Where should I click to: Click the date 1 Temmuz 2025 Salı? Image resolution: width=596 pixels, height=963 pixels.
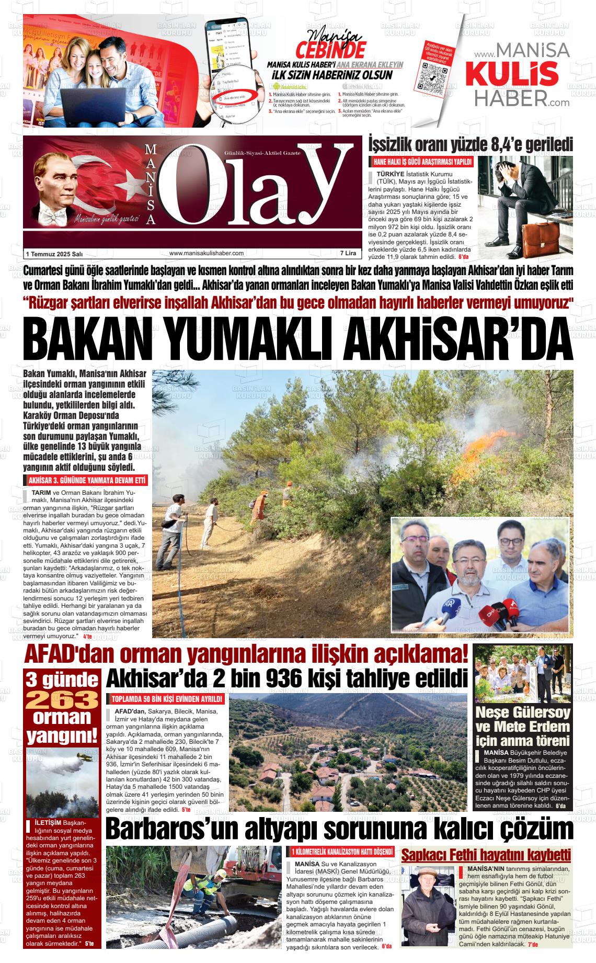[x=54, y=254]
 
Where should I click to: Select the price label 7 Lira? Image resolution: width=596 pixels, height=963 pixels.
[x=348, y=253]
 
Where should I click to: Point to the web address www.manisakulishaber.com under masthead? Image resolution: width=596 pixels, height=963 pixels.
[x=207, y=253]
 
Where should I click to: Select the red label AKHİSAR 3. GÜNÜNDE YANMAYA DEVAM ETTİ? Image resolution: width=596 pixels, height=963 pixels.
[x=86, y=481]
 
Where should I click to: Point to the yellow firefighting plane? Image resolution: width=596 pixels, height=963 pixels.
[x=84, y=758]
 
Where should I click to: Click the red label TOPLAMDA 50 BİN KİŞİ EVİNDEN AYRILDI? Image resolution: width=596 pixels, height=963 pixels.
[x=166, y=699]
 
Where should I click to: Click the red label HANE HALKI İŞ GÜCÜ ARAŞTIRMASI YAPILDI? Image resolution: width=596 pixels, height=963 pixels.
[x=421, y=162]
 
